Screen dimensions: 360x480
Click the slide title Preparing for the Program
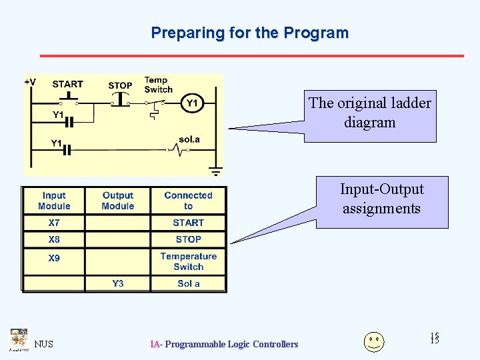click(249, 33)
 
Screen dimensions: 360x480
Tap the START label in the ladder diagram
click(67, 84)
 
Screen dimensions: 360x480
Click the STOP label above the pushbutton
click(120, 85)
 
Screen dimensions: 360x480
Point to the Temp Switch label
click(158, 85)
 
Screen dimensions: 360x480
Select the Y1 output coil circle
click(191, 103)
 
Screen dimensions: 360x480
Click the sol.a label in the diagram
click(189, 139)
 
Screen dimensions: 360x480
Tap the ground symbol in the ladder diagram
click(215, 171)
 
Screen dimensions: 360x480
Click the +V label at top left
click(31, 83)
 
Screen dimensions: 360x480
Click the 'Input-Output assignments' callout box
click(381, 199)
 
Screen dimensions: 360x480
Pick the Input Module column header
click(54, 201)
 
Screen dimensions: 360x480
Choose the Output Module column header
click(118, 201)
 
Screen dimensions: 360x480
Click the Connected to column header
click(188, 201)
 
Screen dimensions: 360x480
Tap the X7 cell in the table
click(54, 223)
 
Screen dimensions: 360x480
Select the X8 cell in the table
click(54, 239)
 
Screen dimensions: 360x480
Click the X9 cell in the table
click(54, 258)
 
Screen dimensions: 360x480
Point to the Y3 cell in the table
click(118, 283)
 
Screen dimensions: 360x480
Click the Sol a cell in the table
click(189, 283)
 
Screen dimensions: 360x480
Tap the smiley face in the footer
click(374, 341)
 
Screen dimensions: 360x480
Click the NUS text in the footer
click(44, 344)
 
